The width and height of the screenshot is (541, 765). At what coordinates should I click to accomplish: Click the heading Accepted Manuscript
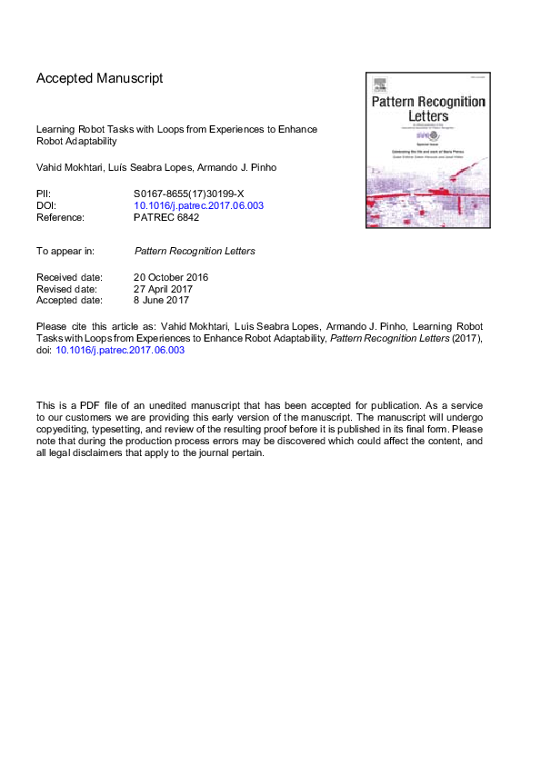[x=100, y=78]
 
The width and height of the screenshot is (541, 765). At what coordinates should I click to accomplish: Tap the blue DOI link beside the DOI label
[x=198, y=205]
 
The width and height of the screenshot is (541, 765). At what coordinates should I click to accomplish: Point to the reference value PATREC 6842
[x=165, y=217]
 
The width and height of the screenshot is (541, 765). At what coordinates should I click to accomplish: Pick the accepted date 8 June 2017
[x=161, y=300]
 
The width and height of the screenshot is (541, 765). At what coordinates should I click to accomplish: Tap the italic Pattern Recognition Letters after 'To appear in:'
[x=195, y=250]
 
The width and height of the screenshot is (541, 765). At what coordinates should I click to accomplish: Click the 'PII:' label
[x=44, y=194]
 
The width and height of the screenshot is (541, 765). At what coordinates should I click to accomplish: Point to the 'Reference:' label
[x=60, y=217]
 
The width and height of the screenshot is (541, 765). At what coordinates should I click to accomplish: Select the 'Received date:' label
[x=69, y=277]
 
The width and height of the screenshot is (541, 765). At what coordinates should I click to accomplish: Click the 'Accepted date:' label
[x=69, y=300]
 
